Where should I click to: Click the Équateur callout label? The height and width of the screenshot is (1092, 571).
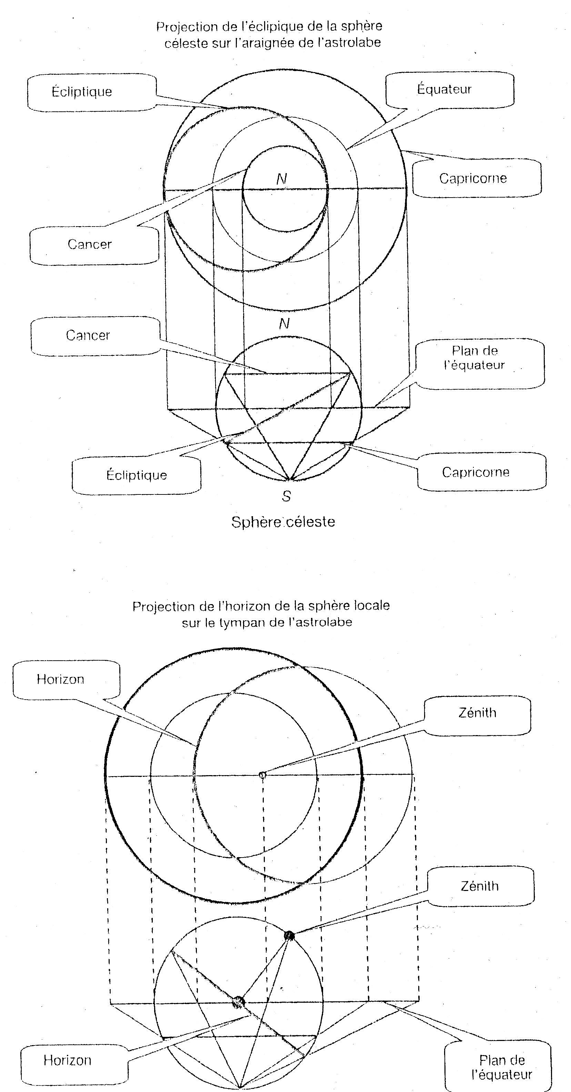[444, 89]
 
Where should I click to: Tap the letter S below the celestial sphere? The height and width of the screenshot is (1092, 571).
[287, 495]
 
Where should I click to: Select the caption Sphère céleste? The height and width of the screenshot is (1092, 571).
[283, 521]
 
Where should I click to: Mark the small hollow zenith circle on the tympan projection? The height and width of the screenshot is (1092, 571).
[262, 775]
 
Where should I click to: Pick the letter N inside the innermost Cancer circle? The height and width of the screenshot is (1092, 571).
[281, 179]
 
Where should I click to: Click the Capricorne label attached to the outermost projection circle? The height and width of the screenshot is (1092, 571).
[473, 178]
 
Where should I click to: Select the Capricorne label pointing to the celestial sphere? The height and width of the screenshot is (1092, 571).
[475, 472]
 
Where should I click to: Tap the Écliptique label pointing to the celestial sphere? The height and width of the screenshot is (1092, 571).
[137, 475]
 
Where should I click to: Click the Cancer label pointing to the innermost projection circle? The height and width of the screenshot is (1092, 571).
[89, 244]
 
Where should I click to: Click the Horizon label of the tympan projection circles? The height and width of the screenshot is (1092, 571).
[60, 680]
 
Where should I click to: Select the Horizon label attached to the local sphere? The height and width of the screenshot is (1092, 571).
[67, 1060]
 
